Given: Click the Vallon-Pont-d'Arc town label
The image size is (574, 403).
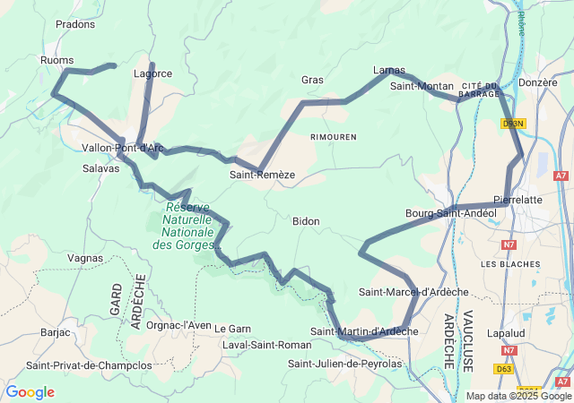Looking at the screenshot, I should pyautogui.click(x=122, y=148).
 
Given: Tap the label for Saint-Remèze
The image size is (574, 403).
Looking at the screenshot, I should pyautogui.click(x=262, y=175).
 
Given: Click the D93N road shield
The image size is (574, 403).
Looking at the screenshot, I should pyautogui.click(x=513, y=124).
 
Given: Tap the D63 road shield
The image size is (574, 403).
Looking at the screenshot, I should pyautogui.click(x=504, y=368).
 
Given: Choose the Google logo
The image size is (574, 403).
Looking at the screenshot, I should pyautogui.click(x=30, y=392).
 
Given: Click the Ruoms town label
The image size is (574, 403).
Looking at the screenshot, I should pyautogui.click(x=57, y=60).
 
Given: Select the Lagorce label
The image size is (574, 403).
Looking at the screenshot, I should pyautogui.click(x=152, y=73).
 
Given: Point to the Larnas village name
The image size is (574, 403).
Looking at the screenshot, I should pyautogui.click(x=388, y=70).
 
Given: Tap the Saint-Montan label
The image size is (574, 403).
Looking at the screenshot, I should pyautogui.click(x=422, y=86).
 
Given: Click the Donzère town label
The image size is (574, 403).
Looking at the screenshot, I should pyautogui.click(x=538, y=81).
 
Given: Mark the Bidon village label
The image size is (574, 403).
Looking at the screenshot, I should pyautogui.click(x=306, y=221).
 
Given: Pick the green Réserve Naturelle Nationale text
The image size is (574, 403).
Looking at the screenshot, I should pyautogui.click(x=188, y=225).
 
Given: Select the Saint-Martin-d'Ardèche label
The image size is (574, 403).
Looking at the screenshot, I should pyautogui.click(x=364, y=331).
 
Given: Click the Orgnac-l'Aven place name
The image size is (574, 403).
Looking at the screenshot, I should pyautogui.click(x=178, y=325).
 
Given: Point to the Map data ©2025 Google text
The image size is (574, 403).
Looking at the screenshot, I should pyautogui.click(x=518, y=396).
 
